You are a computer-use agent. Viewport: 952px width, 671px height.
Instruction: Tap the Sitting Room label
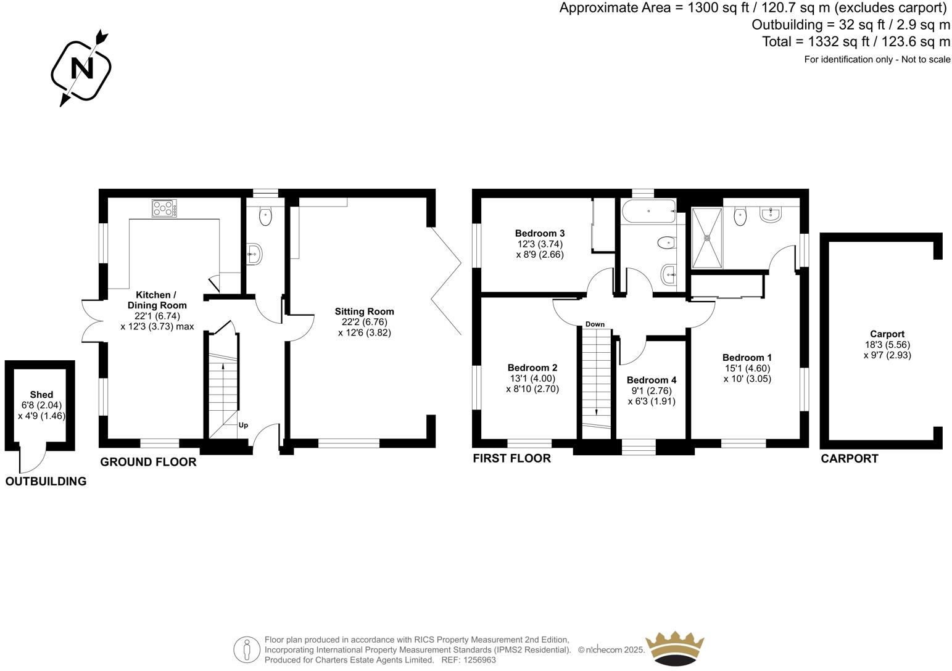(364, 311)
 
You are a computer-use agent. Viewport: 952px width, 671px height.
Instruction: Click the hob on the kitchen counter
(165, 208)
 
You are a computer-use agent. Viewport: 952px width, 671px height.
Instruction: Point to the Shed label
(41, 395)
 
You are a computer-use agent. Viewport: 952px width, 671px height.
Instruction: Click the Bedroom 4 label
(652, 380)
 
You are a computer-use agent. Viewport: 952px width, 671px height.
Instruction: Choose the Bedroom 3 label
(540, 233)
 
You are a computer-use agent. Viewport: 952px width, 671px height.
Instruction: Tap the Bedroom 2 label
(532, 368)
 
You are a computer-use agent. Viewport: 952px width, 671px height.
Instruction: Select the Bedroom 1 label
(747, 358)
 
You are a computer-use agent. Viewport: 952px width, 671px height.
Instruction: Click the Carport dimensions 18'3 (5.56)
(887, 345)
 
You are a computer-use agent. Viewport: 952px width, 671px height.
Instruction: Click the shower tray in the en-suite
(707, 237)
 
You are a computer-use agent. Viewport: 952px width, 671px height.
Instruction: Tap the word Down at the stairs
(595, 324)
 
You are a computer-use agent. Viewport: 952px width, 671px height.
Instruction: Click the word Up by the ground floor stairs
(243, 425)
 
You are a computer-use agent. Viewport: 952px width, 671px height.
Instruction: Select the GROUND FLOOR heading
(148, 462)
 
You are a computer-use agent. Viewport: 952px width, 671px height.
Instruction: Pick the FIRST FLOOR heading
(511, 458)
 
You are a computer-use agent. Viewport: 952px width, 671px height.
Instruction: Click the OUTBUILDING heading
(46, 482)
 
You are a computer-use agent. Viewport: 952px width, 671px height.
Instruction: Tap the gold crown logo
(674, 648)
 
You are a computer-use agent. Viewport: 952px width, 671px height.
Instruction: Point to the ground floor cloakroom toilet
(265, 216)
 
